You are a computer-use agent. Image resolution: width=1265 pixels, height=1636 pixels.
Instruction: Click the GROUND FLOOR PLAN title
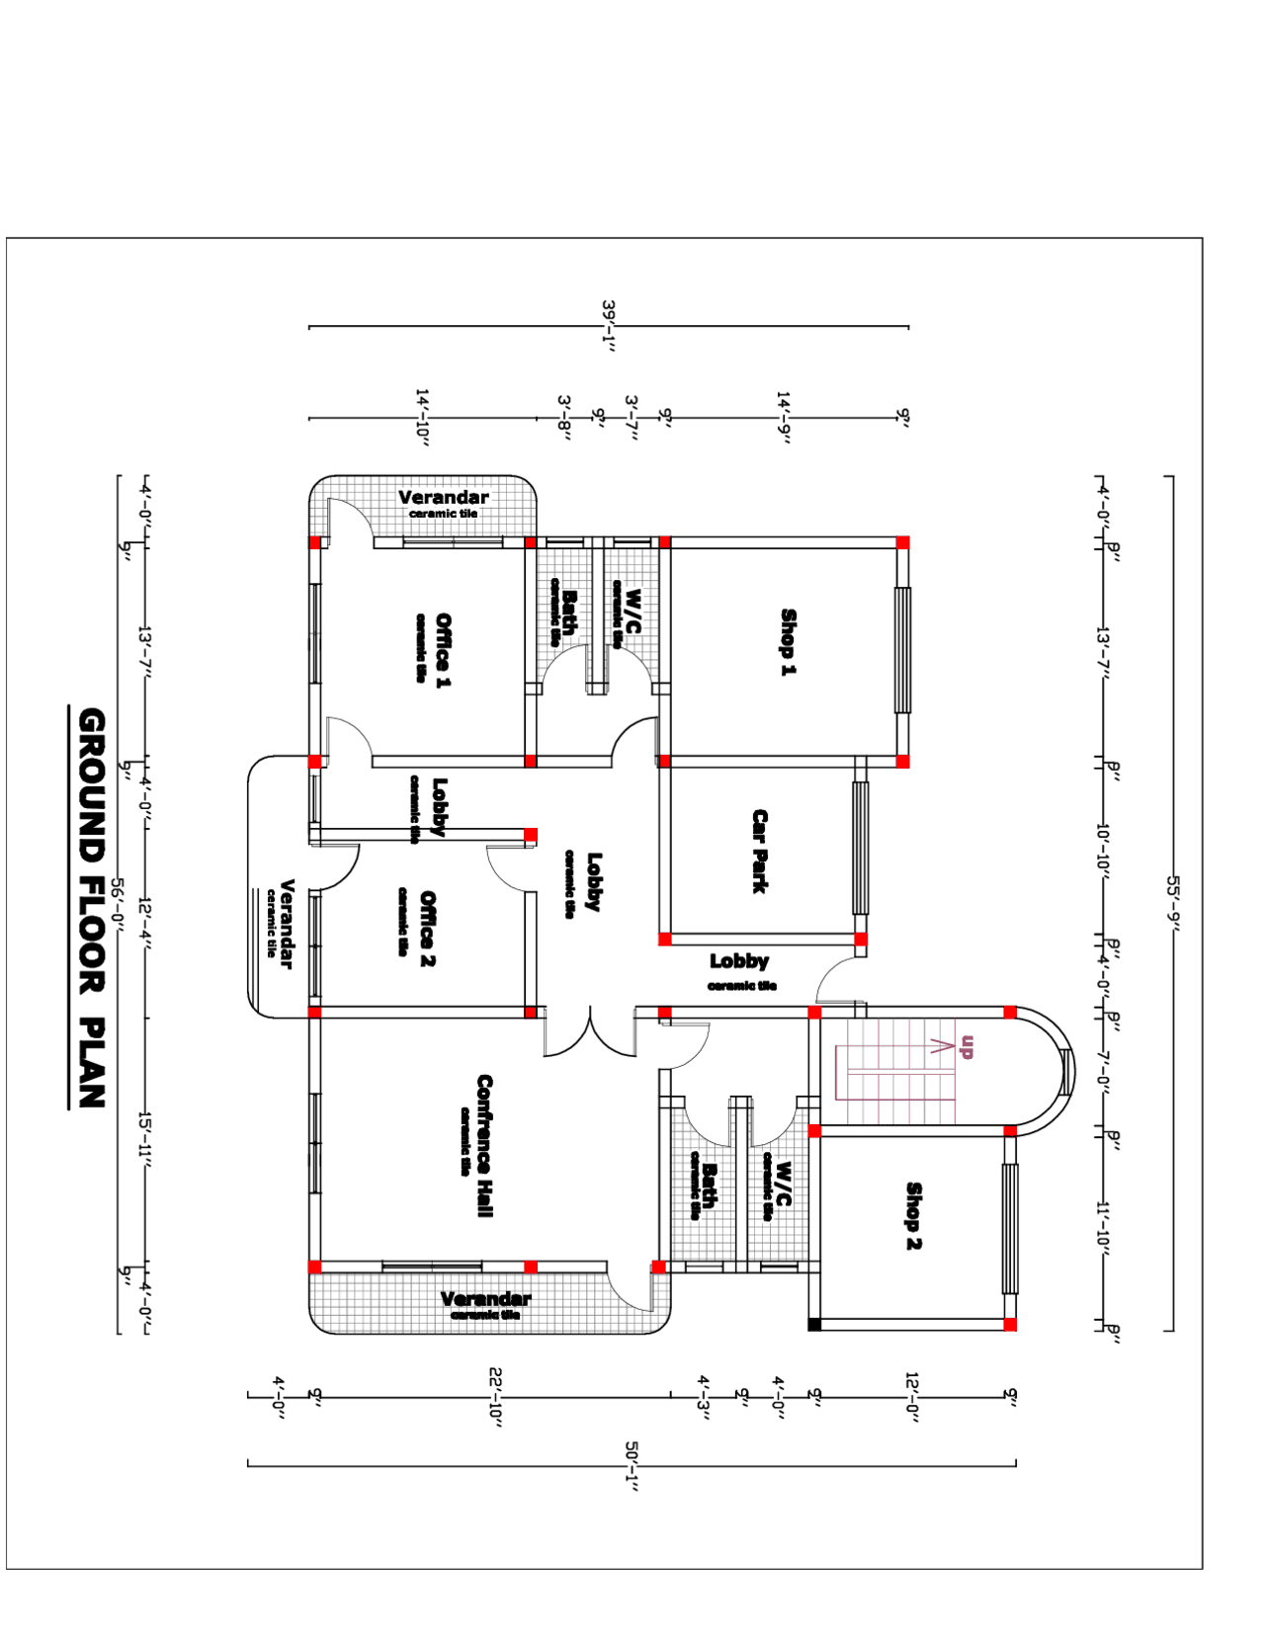(91, 907)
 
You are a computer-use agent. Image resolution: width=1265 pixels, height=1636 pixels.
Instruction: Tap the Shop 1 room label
(788, 642)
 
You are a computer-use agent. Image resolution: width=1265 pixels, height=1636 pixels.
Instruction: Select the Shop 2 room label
(913, 1215)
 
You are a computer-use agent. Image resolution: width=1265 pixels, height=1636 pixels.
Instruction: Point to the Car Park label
(759, 851)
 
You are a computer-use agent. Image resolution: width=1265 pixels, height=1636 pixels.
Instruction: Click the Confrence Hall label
(484, 1145)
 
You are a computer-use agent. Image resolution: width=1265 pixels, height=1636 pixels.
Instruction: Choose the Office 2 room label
(427, 928)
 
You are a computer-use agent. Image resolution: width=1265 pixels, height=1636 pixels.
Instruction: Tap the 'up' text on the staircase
(967, 1046)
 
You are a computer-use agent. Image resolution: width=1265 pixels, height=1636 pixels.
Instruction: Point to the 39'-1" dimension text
(610, 326)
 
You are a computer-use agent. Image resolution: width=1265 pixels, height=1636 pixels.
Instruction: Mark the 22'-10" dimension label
(496, 1394)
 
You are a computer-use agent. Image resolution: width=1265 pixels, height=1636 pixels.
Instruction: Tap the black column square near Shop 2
(814, 1324)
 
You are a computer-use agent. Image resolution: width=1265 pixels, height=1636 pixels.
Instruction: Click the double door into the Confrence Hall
(590, 1032)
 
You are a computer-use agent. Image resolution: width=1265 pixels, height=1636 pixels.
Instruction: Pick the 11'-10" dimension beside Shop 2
(1104, 1228)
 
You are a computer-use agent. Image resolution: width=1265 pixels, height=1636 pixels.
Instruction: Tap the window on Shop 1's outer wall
(902, 649)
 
